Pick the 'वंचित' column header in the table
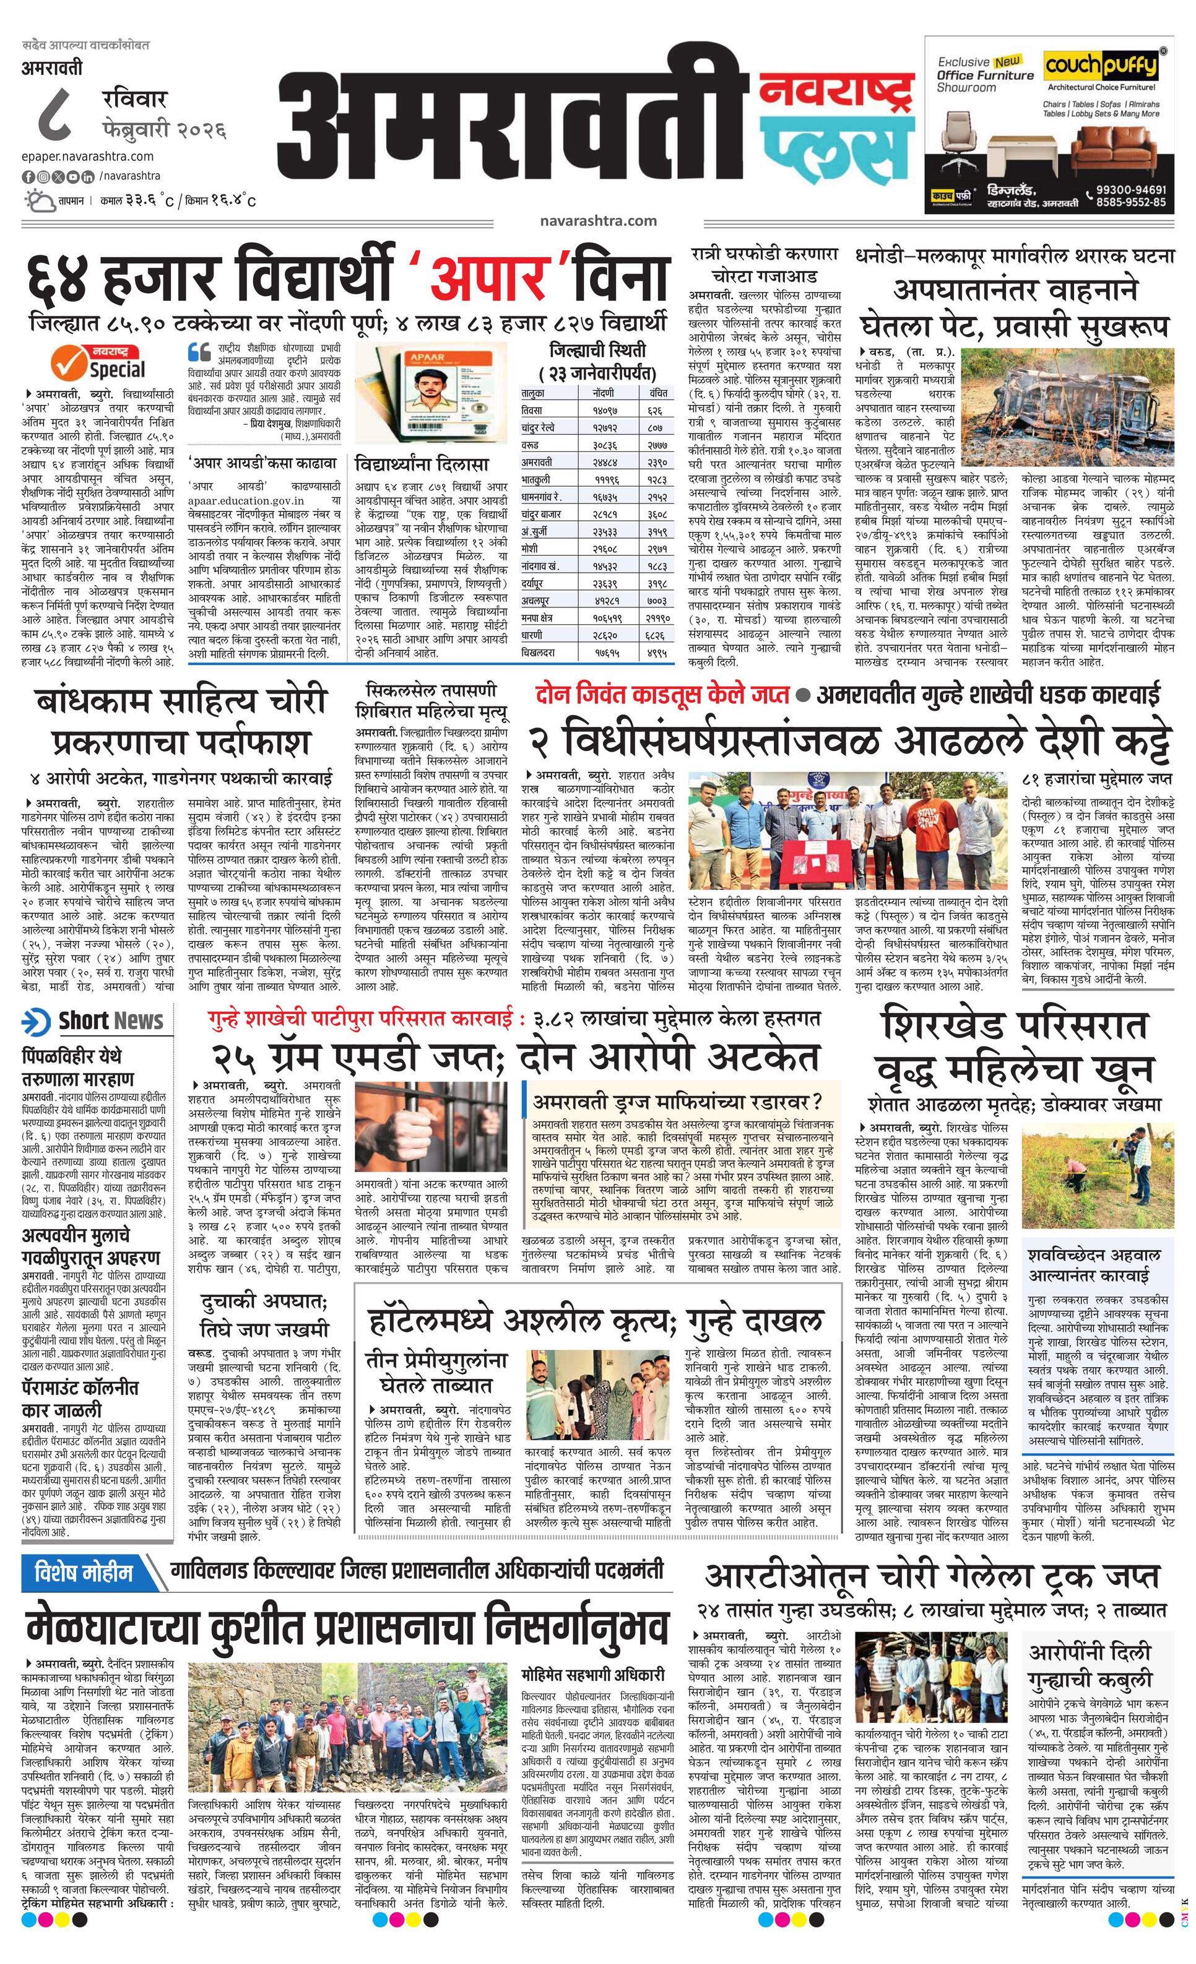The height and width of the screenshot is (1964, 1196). coord(657,393)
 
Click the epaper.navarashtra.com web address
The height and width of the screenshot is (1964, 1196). coord(88,156)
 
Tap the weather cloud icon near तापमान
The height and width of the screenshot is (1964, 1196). coord(40,200)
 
